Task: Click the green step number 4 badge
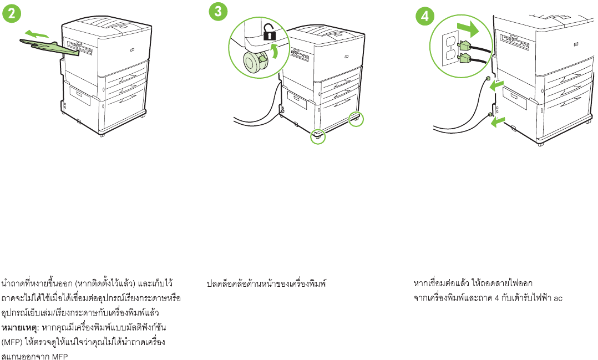click(425, 16)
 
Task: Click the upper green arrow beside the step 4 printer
click(496, 84)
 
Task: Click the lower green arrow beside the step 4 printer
click(499, 120)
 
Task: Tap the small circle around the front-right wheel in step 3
click(354, 118)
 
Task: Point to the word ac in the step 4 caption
click(558, 298)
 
